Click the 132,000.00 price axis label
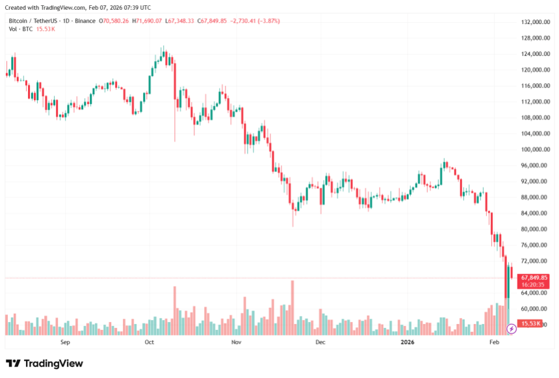coord(536,22)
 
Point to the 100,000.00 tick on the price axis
coord(536,149)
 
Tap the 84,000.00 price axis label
coord(536,213)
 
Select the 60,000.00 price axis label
coord(536,309)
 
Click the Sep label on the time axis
coord(64,341)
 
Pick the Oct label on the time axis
coord(149,341)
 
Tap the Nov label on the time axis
coord(236,341)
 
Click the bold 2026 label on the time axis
coord(408,341)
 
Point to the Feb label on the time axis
coord(494,341)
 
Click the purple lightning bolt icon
coord(511,329)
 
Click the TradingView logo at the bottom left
coord(44,364)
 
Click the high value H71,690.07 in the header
coord(147,21)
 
